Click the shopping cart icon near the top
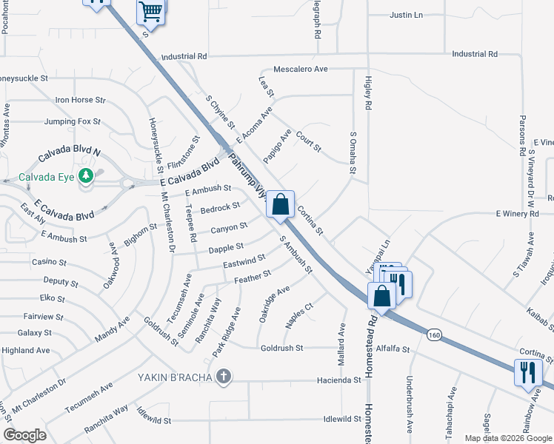(x=150, y=12)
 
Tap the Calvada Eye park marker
(x=87, y=175)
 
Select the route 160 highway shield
(x=434, y=335)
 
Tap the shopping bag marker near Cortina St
(x=281, y=204)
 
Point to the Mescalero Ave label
(x=300, y=69)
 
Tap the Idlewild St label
(x=341, y=420)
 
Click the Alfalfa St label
(x=393, y=348)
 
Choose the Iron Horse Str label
(x=80, y=100)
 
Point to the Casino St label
(x=49, y=263)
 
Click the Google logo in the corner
(x=24, y=435)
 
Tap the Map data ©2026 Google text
(x=507, y=438)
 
